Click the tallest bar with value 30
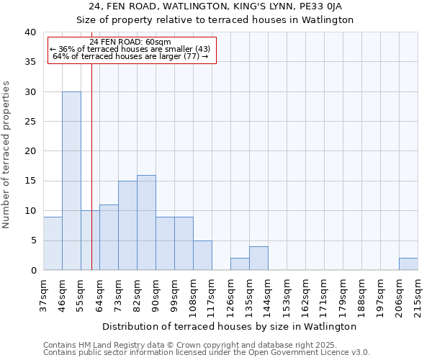click(x=71, y=181)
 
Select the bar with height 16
click(x=146, y=222)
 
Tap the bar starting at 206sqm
click(x=408, y=264)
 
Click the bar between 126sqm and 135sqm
click(x=240, y=264)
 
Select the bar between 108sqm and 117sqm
click(x=202, y=256)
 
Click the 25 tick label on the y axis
click(x=30, y=122)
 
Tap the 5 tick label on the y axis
click(x=32, y=240)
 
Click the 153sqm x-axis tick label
click(x=287, y=292)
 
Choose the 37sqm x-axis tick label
click(x=43, y=292)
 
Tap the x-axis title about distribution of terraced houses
click(x=230, y=326)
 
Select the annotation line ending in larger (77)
click(x=131, y=56)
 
